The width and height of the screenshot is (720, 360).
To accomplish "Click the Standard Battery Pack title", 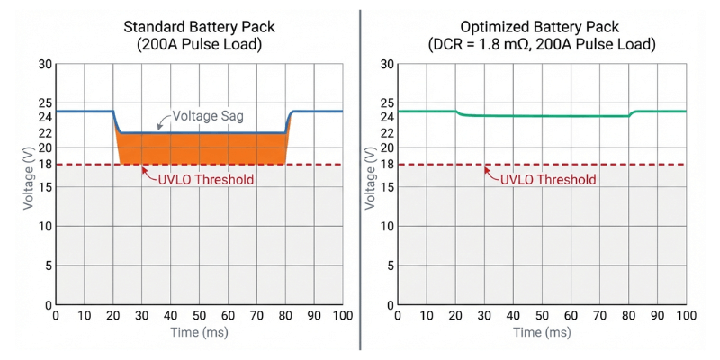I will [199, 25].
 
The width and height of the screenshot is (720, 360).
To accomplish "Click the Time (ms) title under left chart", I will [199, 333].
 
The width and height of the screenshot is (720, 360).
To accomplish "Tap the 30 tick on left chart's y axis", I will [45, 64].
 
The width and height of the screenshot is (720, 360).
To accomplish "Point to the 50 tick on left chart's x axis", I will [199, 316].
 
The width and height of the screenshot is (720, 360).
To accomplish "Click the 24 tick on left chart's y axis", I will [45, 116].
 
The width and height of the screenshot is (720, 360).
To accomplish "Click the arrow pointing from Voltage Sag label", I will [162, 122].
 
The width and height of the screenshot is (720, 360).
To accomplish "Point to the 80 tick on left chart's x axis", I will [285, 316].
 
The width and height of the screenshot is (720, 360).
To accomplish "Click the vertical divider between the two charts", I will [360, 180].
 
